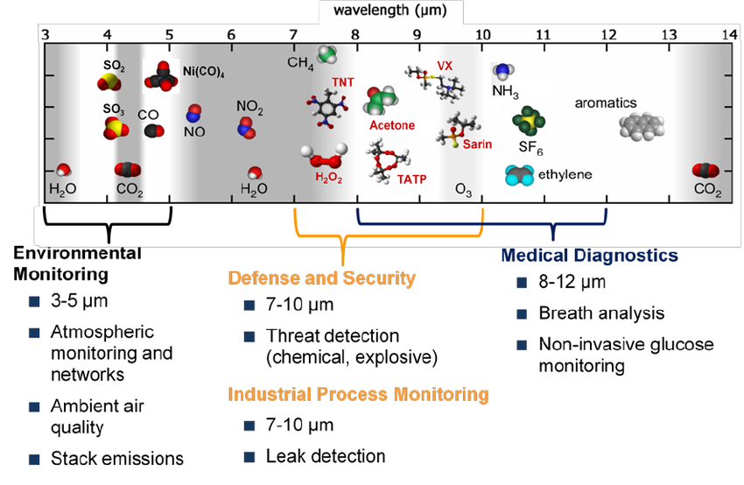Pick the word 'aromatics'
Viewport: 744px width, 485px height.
coord(606,102)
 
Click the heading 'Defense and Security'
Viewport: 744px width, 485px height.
coord(321,278)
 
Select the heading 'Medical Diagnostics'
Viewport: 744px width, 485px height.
coord(589,256)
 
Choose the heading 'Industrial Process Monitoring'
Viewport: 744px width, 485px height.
coord(358,394)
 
